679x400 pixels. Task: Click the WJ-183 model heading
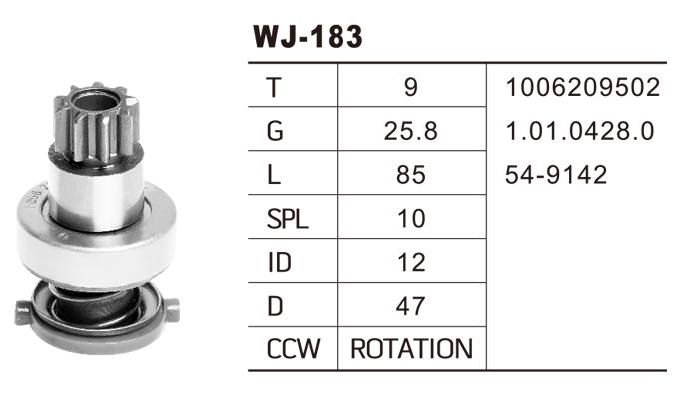308,36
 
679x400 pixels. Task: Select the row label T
274,87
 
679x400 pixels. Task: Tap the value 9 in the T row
411,87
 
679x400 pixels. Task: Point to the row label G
275,131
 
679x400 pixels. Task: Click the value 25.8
411,131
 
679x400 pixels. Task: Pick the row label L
274,175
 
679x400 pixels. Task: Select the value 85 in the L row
411,175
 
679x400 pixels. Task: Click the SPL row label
288,219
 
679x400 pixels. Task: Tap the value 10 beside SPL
411,219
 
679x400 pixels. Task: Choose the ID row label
280,262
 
